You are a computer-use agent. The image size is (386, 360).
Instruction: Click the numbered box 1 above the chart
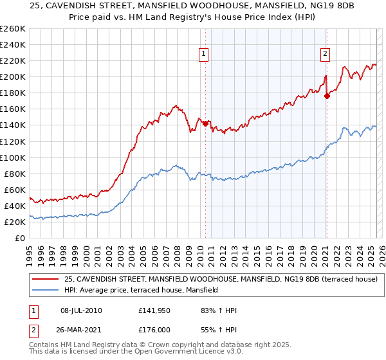tap(203, 55)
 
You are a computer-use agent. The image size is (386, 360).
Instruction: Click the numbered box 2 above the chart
tap(326, 55)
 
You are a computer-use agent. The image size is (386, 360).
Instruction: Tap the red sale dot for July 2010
tap(205, 123)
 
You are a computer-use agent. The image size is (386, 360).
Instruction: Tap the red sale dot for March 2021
tap(327, 96)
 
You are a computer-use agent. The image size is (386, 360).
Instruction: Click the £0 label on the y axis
tap(20, 238)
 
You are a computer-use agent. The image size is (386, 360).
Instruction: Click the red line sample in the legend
tap(46, 279)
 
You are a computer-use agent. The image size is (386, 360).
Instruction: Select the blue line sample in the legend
tap(46, 290)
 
